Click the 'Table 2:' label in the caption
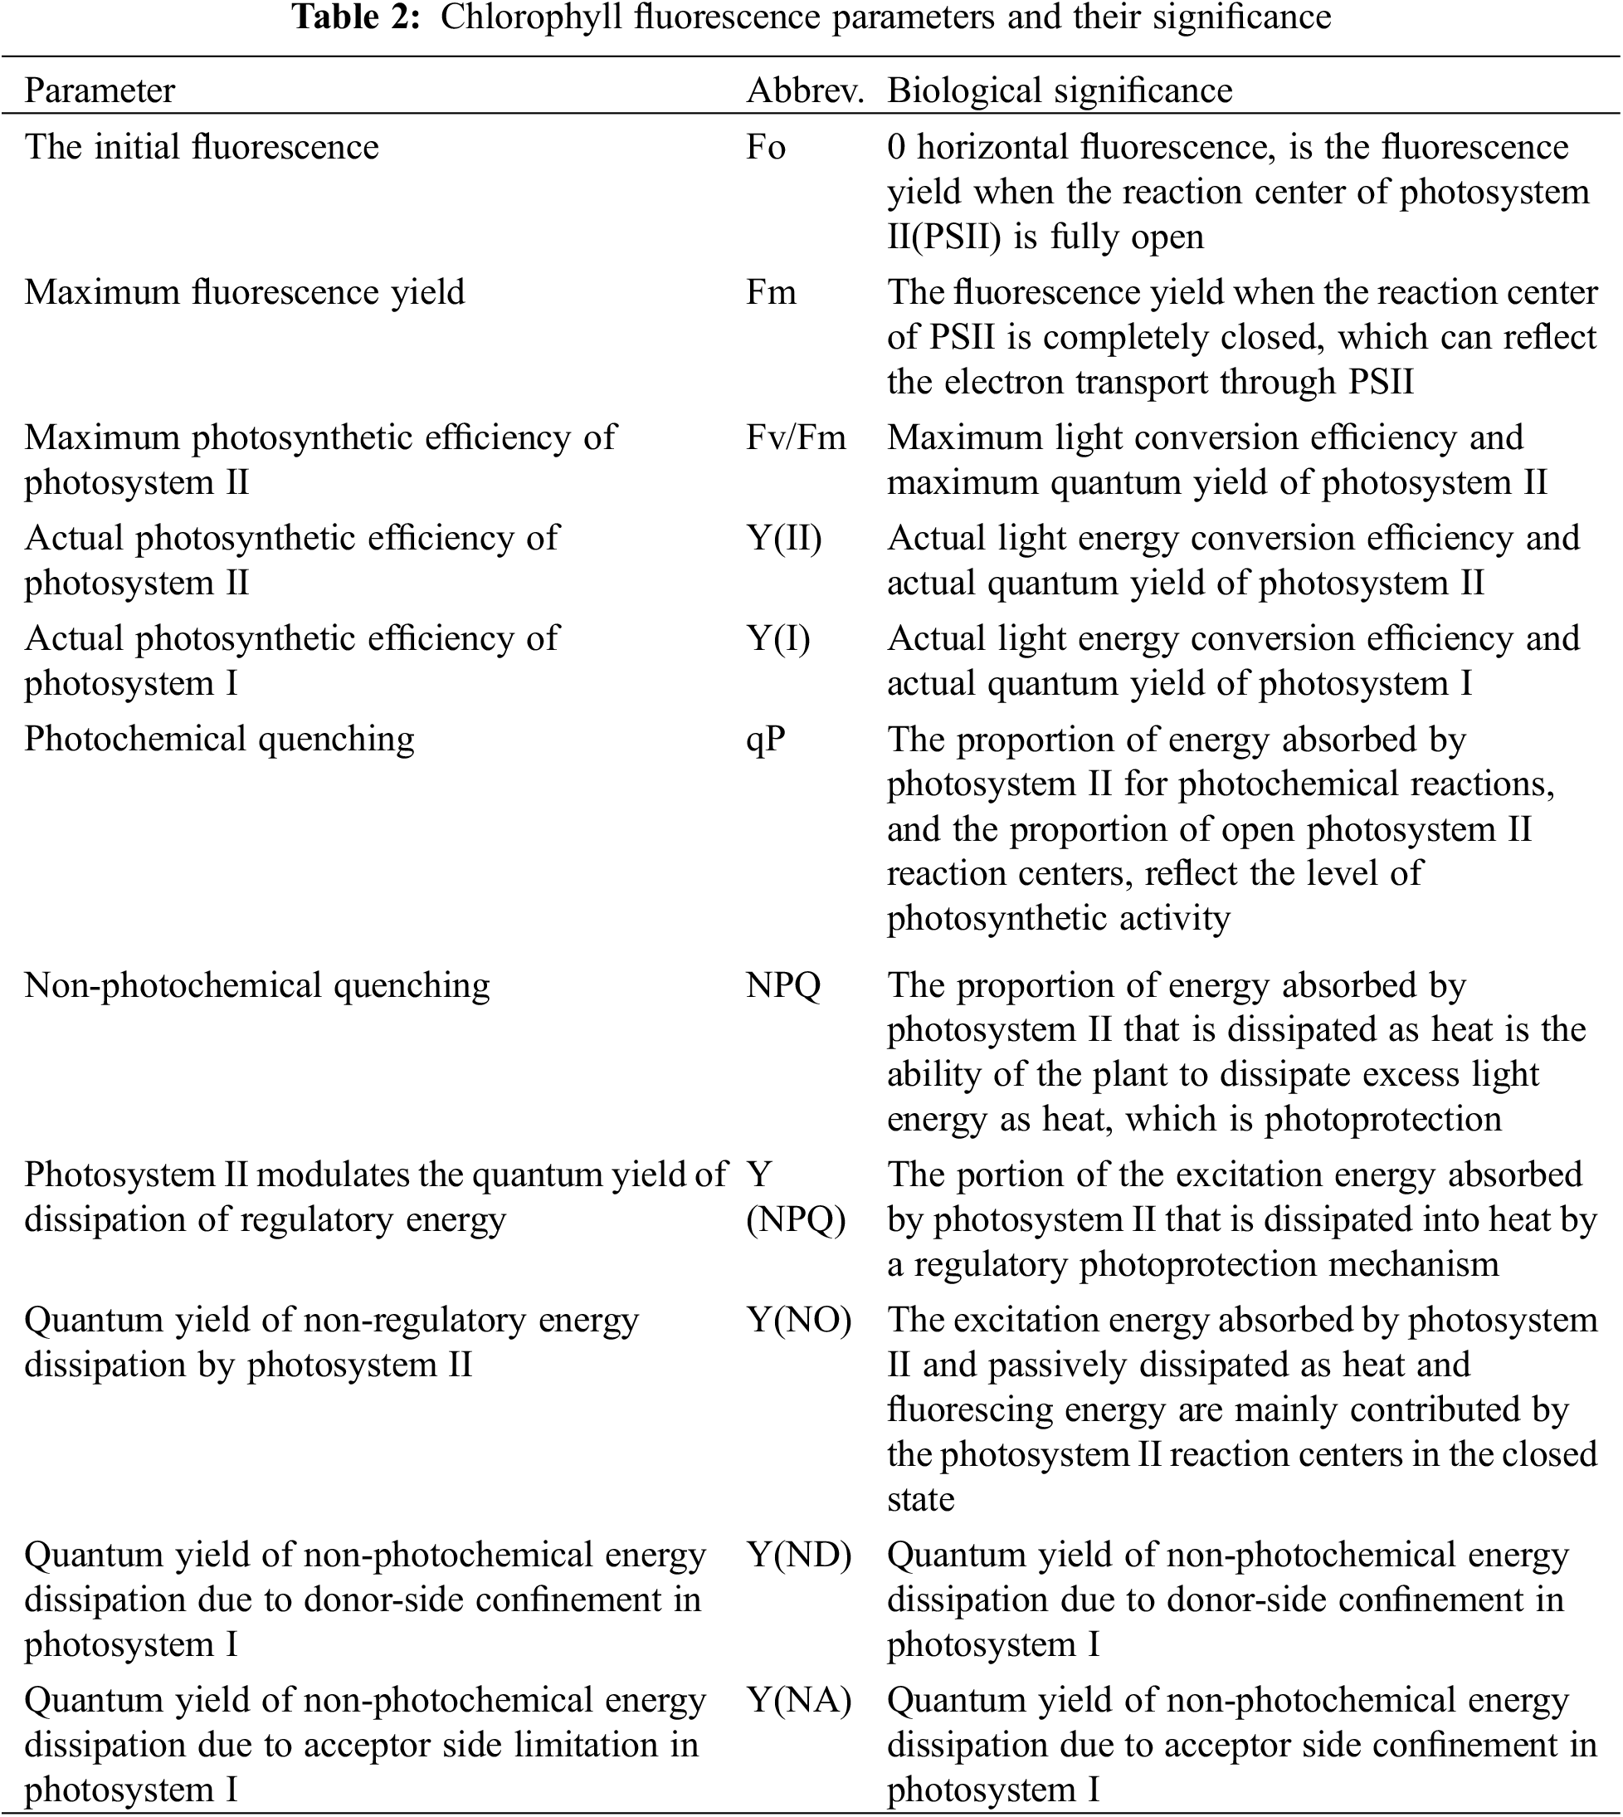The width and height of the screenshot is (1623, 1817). pos(356,17)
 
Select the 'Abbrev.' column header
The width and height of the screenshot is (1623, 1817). pos(804,91)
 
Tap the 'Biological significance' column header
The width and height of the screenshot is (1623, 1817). pos(1060,91)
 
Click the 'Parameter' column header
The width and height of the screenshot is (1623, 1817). pos(99,91)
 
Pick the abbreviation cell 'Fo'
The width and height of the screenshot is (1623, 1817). pos(765,147)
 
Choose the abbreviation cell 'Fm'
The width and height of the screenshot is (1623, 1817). pos(771,292)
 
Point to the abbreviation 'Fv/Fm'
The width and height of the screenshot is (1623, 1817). pos(796,438)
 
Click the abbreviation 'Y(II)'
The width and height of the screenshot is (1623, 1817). pos(784,539)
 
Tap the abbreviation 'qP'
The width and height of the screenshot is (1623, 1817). pos(765,740)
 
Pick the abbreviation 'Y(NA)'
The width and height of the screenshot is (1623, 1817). pos(798,1701)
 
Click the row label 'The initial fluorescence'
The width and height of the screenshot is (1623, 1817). pos(202,147)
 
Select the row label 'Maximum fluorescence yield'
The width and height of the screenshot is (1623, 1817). pos(244,292)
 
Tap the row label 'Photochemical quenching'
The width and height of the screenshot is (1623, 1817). pos(219,740)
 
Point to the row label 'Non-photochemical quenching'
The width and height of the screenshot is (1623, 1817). pos(257,985)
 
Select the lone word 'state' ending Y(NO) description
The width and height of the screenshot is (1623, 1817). pos(920,1499)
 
